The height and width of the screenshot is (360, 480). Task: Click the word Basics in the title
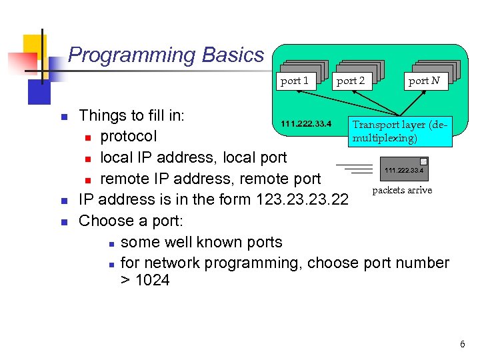[x=238, y=55]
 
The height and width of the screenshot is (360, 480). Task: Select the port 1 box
[x=295, y=81]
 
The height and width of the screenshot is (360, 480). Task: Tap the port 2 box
[x=351, y=81]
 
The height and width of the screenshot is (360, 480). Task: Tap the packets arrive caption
[x=402, y=190]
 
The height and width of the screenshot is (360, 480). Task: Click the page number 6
[x=462, y=344]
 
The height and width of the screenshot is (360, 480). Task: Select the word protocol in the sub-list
[x=129, y=137]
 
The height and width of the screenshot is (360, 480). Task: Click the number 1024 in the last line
[x=152, y=281]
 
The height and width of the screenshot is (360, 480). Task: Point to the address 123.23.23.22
[x=302, y=199]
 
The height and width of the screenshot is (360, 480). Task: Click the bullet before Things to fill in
[x=65, y=117]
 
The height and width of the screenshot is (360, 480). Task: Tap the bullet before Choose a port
[x=65, y=221]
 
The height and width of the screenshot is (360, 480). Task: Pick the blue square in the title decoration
[x=39, y=91]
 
